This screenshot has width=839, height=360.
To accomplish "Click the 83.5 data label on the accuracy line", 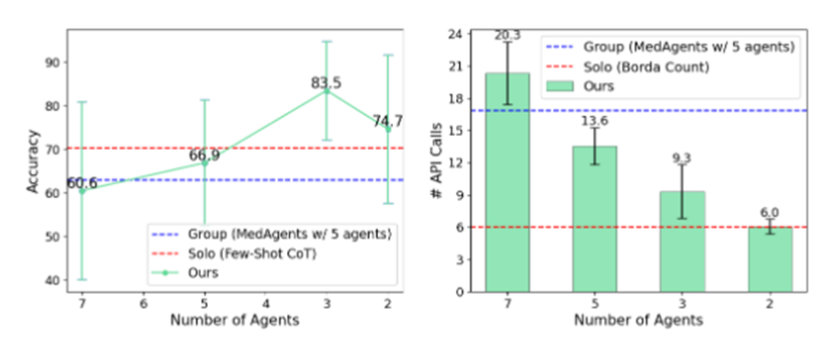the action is pyautogui.click(x=326, y=82).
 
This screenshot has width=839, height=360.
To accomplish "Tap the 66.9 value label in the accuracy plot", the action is pyautogui.click(x=204, y=155).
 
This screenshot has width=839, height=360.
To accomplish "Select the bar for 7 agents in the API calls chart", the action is pyautogui.click(x=508, y=182).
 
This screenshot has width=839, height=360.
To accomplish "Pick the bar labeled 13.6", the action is pyautogui.click(x=595, y=219).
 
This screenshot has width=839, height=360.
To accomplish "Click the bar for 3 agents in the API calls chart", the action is pyautogui.click(x=683, y=242).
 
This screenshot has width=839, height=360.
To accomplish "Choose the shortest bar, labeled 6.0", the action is pyautogui.click(x=770, y=259).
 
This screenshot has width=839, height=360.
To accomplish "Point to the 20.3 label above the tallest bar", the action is pyautogui.click(x=508, y=35).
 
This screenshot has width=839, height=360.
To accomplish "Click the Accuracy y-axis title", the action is pyautogui.click(x=33, y=162).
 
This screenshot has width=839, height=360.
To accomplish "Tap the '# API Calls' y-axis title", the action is pyautogui.click(x=437, y=160).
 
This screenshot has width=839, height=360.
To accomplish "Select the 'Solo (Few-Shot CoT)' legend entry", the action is pyautogui.click(x=235, y=253).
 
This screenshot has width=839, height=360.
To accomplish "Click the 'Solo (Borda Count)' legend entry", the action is pyautogui.click(x=628, y=67).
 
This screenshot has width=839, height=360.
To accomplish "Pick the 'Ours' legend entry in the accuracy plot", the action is pyautogui.click(x=185, y=273).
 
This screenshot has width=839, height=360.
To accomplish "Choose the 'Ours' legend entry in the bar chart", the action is pyautogui.click(x=580, y=86).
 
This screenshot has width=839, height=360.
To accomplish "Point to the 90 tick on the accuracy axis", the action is pyautogui.click(x=52, y=62).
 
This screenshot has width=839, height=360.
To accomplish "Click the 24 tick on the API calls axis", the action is pyautogui.click(x=455, y=34).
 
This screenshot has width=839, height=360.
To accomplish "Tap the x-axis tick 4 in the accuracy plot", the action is pyautogui.click(x=266, y=304).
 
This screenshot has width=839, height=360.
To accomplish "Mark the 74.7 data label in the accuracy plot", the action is pyautogui.click(x=388, y=121).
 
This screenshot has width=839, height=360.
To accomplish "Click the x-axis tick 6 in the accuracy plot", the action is pyautogui.click(x=144, y=304).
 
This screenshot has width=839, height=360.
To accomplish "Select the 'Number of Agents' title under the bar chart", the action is pyautogui.click(x=638, y=320).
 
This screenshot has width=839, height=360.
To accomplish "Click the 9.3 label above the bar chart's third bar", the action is pyautogui.click(x=681, y=158).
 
